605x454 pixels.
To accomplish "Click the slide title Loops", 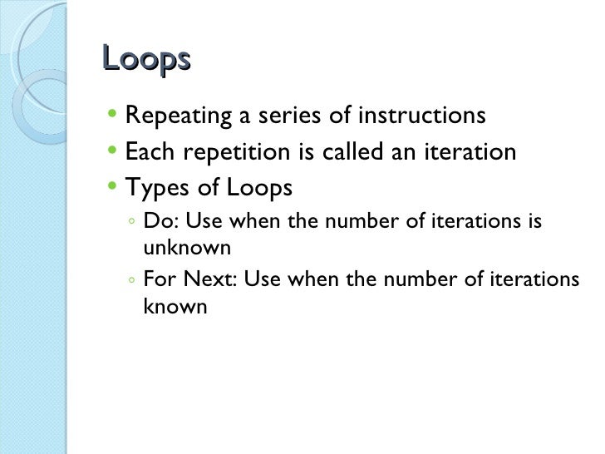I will pos(146,61).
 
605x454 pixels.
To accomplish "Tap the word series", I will pos(288,116).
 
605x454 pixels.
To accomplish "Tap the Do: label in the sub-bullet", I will pos(158,222).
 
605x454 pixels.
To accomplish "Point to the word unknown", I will pos(186,248).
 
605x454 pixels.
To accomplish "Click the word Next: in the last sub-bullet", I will pos(208,280).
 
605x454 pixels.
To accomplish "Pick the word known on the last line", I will pos(175,306).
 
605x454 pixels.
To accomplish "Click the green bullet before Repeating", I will pos(113,115).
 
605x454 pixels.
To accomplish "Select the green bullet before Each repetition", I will pos(113,151).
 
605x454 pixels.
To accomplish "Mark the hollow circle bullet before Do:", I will pos(132,224).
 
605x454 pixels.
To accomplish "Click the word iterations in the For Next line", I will pos(534,280).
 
